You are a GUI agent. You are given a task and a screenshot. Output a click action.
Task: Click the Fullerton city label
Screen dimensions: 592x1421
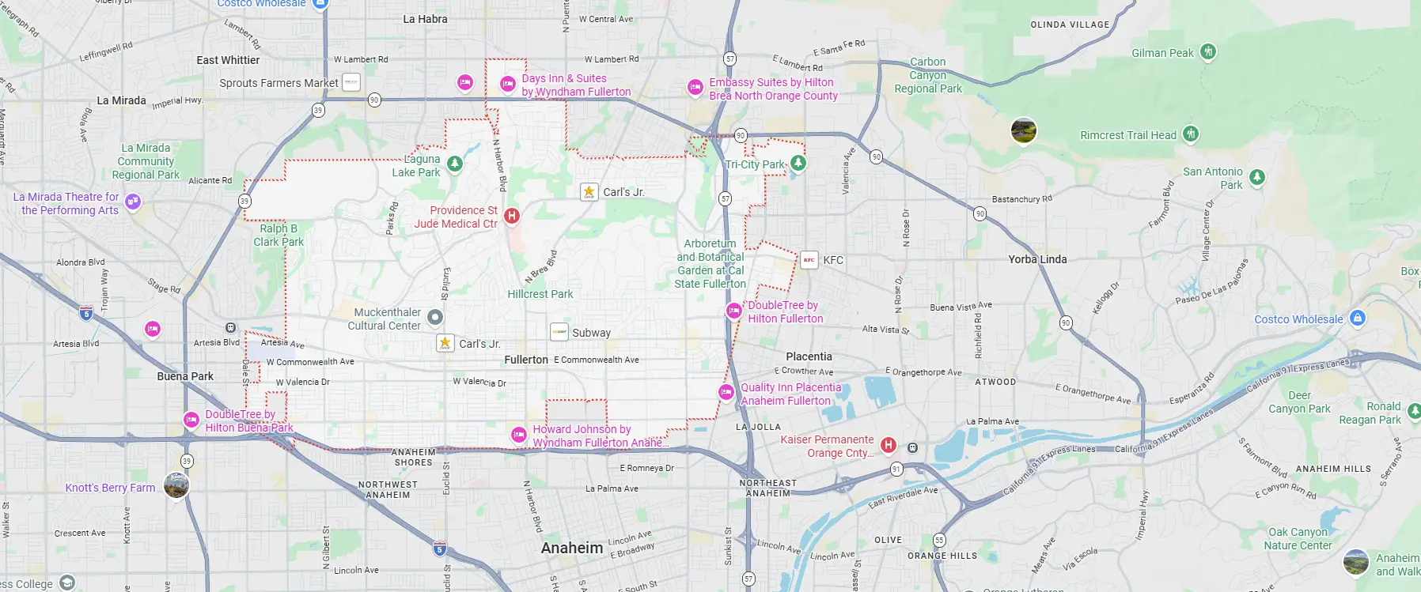(x=526, y=360)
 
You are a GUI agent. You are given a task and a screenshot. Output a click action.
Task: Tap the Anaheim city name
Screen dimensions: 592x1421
(x=571, y=548)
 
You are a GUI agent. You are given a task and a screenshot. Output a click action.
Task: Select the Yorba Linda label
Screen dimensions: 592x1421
(x=1037, y=259)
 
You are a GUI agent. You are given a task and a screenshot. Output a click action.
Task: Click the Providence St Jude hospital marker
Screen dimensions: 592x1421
(x=512, y=216)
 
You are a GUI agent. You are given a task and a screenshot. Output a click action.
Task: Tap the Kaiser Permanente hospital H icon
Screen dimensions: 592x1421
(x=889, y=445)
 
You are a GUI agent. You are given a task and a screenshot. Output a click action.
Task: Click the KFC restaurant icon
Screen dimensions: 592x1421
(x=809, y=260)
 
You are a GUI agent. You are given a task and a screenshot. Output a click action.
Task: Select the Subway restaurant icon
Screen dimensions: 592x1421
(x=559, y=332)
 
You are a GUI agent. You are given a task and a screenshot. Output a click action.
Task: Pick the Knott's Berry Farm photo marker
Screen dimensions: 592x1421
(x=176, y=485)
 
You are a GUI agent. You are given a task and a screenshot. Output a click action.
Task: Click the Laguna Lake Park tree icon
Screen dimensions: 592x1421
(x=454, y=164)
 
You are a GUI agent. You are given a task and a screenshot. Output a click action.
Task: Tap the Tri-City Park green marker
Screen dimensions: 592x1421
(x=798, y=163)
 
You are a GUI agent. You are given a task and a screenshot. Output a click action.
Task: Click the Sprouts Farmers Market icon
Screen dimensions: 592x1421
(x=351, y=82)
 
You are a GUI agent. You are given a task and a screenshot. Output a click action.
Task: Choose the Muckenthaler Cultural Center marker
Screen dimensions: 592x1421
(x=435, y=318)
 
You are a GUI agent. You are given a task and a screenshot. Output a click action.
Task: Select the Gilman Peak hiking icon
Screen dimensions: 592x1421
(x=1207, y=52)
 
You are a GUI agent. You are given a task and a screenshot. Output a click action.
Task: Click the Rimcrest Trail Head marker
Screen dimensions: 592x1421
(x=1191, y=134)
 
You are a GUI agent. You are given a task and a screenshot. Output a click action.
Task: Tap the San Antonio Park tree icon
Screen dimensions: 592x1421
(x=1256, y=177)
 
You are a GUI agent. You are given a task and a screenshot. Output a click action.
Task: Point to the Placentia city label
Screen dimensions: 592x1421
(x=809, y=356)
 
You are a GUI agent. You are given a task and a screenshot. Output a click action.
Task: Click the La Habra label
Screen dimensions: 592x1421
(x=425, y=19)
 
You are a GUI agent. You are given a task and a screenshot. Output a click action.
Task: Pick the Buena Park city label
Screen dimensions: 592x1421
(x=185, y=376)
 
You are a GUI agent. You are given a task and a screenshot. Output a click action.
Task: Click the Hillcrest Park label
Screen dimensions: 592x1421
(x=540, y=294)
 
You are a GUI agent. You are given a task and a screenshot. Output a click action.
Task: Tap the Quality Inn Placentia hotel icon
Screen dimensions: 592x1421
(x=726, y=392)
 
